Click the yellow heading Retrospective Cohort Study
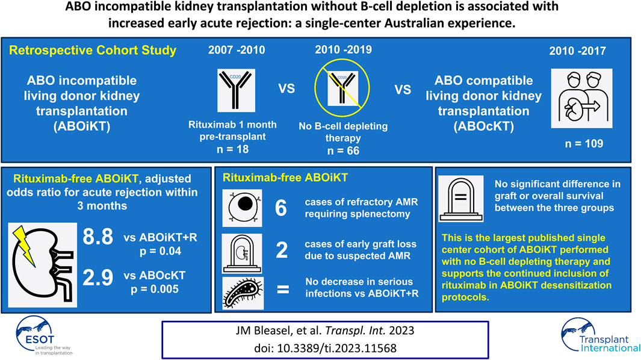(93, 51)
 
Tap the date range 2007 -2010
(237, 50)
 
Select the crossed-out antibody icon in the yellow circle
(342, 88)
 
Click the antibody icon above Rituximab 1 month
(237, 90)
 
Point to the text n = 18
(232, 149)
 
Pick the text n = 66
(343, 151)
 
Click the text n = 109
(584, 143)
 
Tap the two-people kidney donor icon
(581, 98)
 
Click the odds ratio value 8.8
(98, 237)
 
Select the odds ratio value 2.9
(98, 278)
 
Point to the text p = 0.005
(155, 289)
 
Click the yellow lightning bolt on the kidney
(25, 245)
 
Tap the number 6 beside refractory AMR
(281, 208)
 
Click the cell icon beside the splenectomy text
(242, 208)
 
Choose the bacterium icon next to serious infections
(243, 293)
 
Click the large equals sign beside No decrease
(283, 289)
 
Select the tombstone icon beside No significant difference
(460, 199)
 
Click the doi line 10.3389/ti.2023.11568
(325, 348)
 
